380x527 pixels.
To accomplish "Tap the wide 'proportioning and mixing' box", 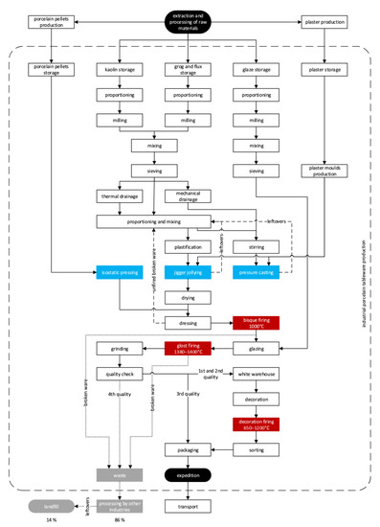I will coord(153,221).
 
